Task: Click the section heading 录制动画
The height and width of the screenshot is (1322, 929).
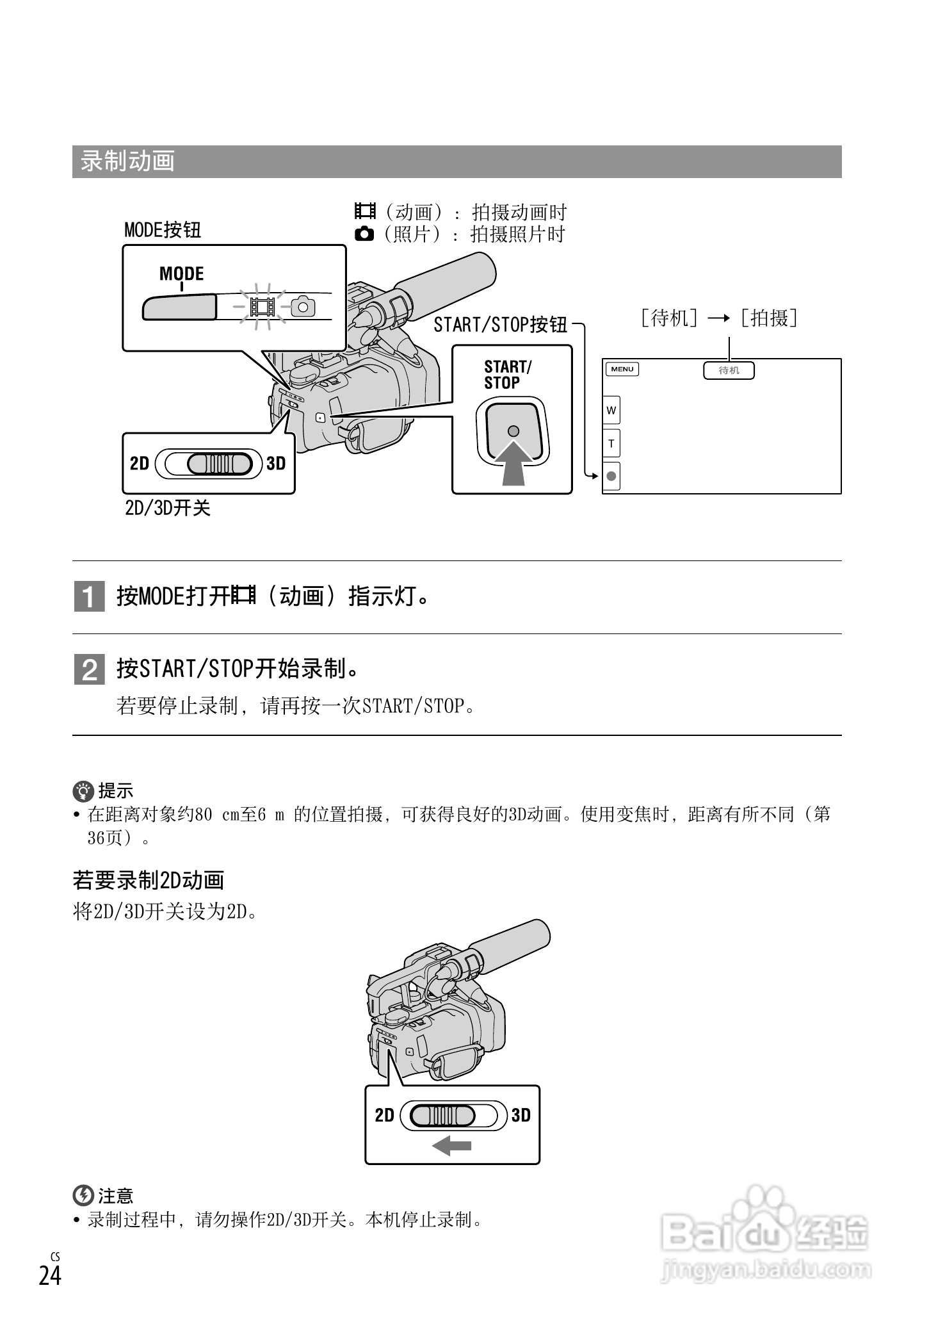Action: click(127, 161)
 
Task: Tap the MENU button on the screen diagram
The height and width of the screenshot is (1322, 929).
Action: click(622, 369)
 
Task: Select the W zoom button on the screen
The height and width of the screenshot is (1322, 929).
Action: click(611, 410)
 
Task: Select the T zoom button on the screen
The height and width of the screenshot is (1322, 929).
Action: click(611, 443)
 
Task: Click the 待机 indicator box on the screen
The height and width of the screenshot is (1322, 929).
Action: click(729, 370)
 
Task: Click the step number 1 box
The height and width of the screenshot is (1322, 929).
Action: click(89, 597)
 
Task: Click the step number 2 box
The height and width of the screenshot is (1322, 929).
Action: click(89, 670)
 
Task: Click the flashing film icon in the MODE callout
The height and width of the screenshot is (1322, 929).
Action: click(263, 307)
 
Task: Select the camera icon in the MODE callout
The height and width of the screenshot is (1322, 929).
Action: click(303, 307)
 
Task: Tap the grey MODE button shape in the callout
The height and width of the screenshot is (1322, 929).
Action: click(179, 307)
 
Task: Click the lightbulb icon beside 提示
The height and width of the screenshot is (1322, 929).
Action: click(83, 792)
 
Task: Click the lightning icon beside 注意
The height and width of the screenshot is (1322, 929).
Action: click(83, 1195)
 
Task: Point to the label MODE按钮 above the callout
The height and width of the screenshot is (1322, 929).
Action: click(163, 230)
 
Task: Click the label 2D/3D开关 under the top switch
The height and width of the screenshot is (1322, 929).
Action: click(167, 509)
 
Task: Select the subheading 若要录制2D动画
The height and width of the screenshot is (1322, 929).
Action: click(148, 881)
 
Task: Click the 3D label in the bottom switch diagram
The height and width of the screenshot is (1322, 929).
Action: click(521, 1115)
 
